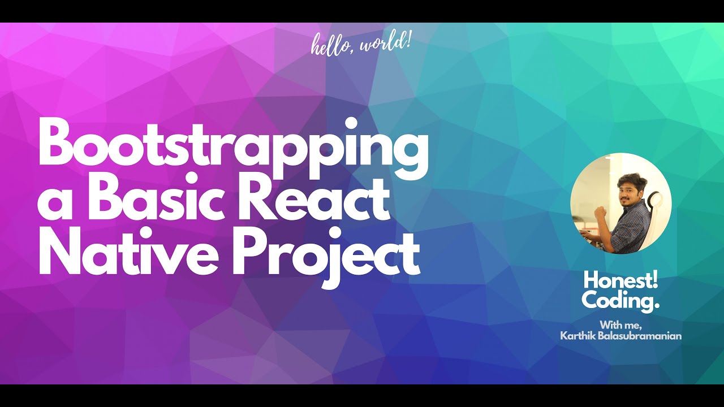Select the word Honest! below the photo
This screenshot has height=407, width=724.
(x=620, y=280)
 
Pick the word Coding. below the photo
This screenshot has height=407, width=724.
(x=620, y=300)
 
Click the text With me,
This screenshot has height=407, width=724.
(x=620, y=324)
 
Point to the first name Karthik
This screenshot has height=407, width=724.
(x=578, y=336)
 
